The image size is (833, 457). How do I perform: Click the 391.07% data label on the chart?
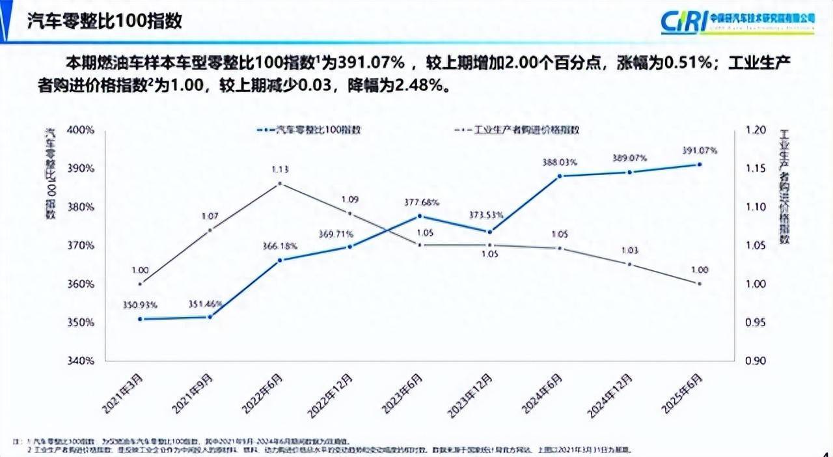coord(700,150)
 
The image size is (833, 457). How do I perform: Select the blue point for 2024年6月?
coord(560,176)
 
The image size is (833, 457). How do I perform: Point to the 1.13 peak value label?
coord(280,169)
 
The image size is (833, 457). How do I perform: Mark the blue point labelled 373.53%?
coord(490,232)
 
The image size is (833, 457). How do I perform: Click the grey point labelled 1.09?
coord(350,214)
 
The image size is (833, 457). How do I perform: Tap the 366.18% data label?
coord(279,246)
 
